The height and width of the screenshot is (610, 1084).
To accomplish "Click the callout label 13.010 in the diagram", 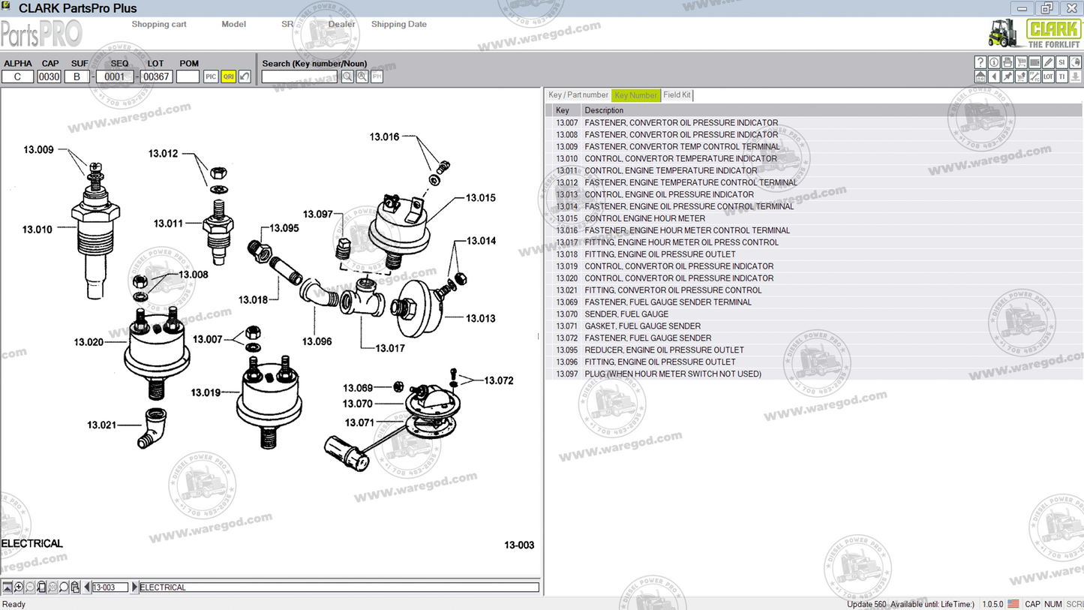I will (38, 230).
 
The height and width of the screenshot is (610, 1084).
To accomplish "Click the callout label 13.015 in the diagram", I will (480, 198).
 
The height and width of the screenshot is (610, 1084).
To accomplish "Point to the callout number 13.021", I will (101, 425).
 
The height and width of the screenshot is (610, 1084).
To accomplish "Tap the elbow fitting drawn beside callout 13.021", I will (153, 428).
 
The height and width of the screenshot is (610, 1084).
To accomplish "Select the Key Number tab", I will (635, 95).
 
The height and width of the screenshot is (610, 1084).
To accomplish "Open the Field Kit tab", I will (677, 95).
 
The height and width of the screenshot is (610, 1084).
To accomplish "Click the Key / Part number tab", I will (578, 95).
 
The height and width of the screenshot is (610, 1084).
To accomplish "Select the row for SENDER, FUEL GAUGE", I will (626, 314).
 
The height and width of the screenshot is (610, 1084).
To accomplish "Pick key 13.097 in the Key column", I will (566, 374).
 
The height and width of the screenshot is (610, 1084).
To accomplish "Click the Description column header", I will (604, 110).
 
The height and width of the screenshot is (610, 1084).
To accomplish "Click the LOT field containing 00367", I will (157, 77).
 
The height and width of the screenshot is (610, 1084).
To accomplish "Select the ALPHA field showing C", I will (17, 77).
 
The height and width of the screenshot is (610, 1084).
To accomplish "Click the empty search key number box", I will (299, 77).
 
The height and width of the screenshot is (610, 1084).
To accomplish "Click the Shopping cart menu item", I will (159, 24).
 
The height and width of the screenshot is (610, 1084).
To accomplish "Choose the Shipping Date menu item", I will (398, 24).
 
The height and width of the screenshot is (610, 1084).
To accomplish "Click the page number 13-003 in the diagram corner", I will (518, 545).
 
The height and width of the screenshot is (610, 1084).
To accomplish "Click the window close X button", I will (1071, 8).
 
